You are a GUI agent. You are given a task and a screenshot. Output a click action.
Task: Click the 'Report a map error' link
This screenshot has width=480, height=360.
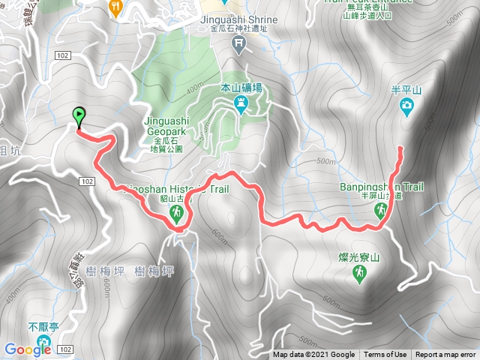tap(445, 355)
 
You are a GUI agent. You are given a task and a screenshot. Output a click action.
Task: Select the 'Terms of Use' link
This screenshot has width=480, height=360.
tap(385, 355)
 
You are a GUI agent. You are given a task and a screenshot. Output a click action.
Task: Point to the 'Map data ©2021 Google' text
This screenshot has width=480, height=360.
tap(313, 355)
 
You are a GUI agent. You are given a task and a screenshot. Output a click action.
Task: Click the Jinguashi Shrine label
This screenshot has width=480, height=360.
tap(239, 19)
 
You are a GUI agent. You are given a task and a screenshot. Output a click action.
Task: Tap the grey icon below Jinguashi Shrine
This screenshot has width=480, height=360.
tap(238, 44)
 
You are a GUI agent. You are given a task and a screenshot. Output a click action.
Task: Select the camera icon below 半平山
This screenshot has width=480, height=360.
tap(406, 109)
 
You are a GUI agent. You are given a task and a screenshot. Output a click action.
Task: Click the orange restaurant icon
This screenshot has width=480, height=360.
tap(115, 6)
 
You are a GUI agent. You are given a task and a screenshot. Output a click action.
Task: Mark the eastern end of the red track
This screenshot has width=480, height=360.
tap(400, 148)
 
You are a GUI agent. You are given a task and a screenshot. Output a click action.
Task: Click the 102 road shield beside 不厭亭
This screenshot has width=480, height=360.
tap(65, 350)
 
